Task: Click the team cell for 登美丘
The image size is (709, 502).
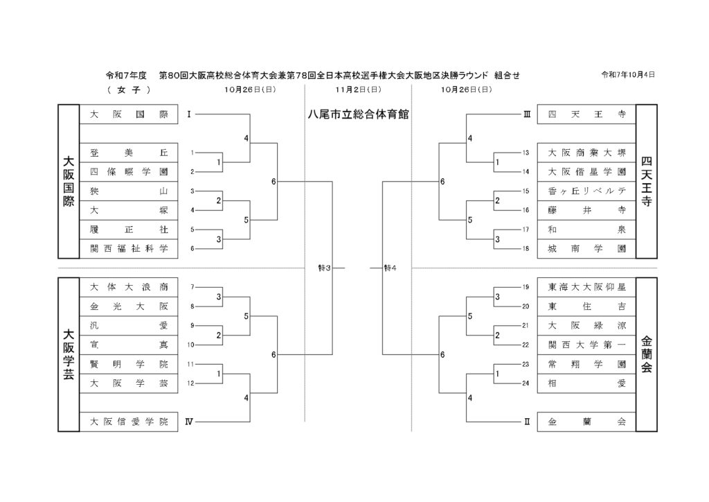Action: [x=129, y=153]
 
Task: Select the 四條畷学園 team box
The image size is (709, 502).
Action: [x=129, y=172]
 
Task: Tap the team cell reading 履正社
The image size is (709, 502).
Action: [x=129, y=230]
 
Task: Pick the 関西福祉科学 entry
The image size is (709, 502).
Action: [x=129, y=248]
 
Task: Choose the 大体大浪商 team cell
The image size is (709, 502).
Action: [x=129, y=286]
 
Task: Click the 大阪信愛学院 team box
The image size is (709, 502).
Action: [x=129, y=421]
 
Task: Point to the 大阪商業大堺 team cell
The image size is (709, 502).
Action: [x=586, y=153]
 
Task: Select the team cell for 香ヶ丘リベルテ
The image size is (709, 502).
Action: [x=586, y=191]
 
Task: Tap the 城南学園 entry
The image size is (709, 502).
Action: [x=586, y=248]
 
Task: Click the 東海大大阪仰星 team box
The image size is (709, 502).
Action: [x=586, y=286]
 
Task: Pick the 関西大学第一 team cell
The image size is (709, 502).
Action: [x=586, y=344]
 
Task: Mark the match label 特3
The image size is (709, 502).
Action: [x=325, y=268]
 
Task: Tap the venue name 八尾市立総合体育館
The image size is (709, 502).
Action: [x=358, y=114]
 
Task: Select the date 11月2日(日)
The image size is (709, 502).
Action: [x=358, y=90]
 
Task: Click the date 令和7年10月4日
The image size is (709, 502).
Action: [x=628, y=74]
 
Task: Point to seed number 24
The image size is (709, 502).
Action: [x=526, y=383]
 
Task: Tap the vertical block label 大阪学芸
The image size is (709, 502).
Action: [x=69, y=354]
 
